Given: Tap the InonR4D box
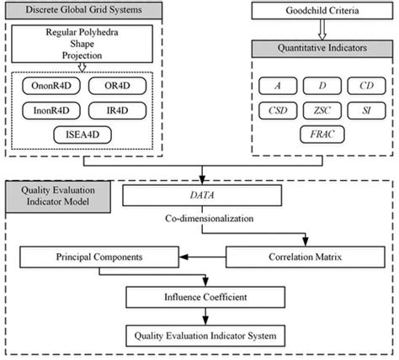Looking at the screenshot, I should (x=47, y=110).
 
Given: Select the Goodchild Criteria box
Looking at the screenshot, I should (x=323, y=13).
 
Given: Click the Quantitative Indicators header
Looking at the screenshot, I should (x=323, y=48).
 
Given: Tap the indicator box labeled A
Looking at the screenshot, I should (x=277, y=86).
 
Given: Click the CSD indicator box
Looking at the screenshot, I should (x=277, y=109).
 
